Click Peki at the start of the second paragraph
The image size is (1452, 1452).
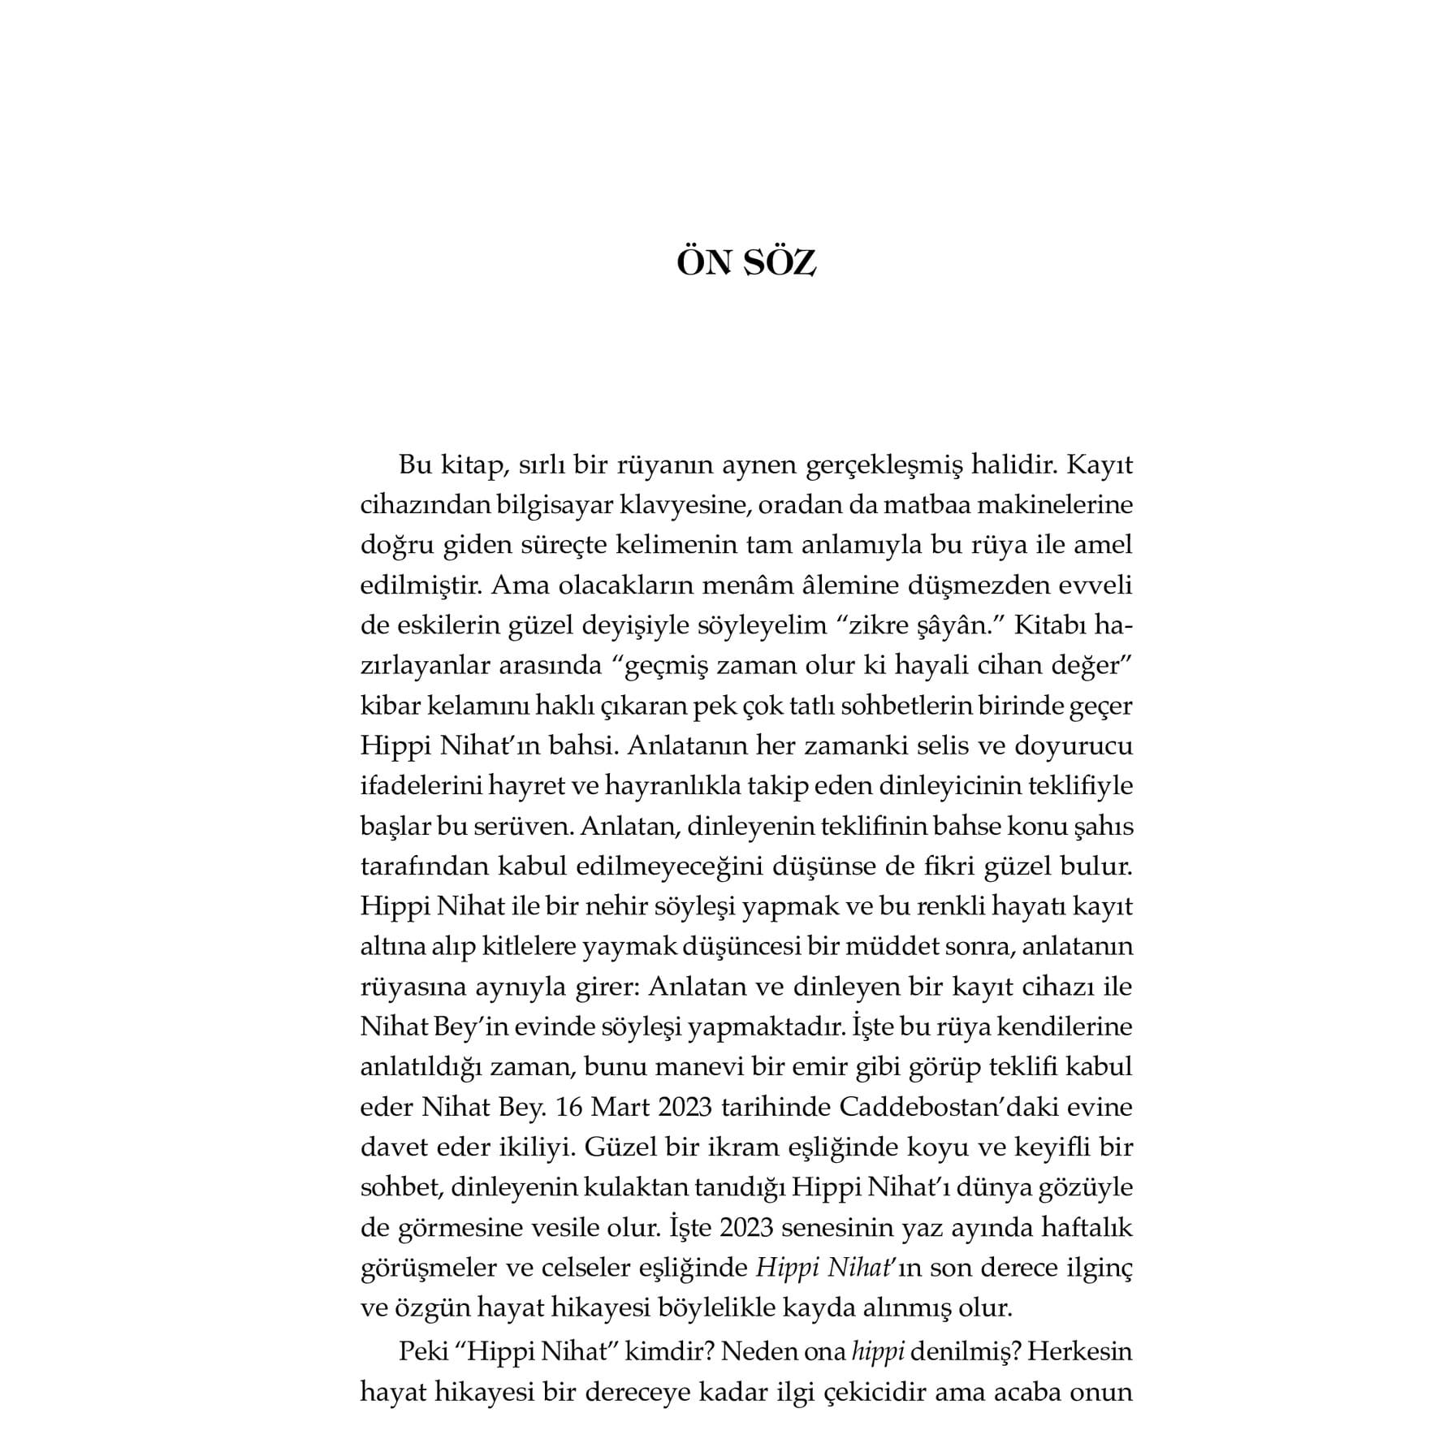tap(423, 1352)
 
